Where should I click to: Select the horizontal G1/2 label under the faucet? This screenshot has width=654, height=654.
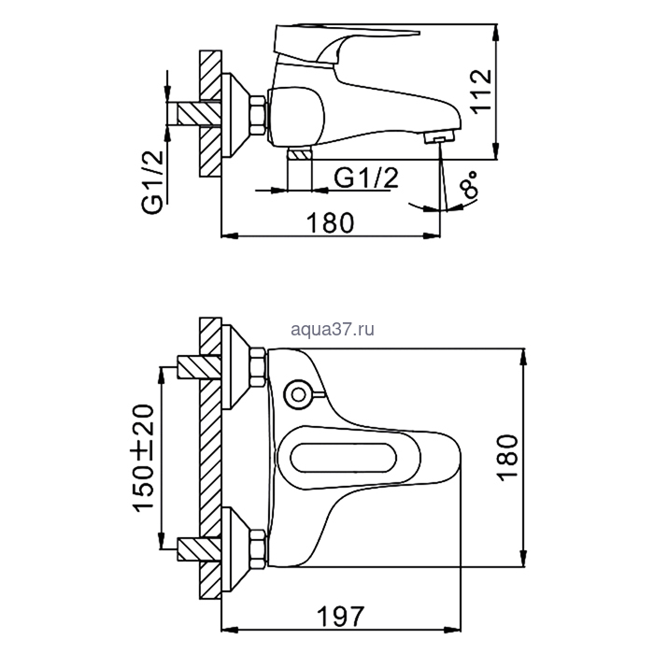pyautogui.click(x=360, y=178)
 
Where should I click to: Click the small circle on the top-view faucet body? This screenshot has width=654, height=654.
pyautogui.click(x=299, y=393)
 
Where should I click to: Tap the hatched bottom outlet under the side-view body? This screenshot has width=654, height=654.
pyautogui.click(x=298, y=154)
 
